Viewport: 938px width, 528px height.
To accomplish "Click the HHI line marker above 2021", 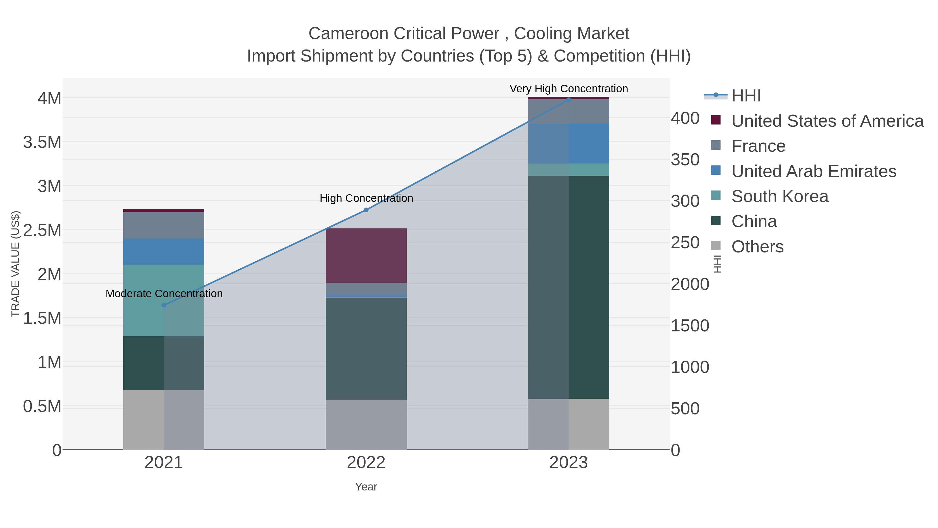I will coord(164,305).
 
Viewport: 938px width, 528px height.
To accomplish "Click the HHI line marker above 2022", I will coord(366,210).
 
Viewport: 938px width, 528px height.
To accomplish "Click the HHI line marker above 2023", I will coord(569,100).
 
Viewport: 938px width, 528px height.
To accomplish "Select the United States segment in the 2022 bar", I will coord(366,256).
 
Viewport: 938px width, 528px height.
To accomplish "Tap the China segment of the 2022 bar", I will coord(366,349).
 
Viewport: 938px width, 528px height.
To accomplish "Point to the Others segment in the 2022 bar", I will coord(366,425).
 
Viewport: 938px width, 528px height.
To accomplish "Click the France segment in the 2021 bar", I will coord(164,225).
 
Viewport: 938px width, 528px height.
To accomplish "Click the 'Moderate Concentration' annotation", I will coord(164,294).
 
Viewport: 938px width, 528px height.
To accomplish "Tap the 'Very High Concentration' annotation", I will coord(569,89).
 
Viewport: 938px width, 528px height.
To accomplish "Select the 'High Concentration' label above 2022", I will coord(366,198).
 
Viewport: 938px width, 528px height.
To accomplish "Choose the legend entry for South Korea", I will coord(780,196).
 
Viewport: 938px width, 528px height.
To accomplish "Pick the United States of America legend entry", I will coord(827,121).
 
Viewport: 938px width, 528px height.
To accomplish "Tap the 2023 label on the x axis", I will coord(569,463).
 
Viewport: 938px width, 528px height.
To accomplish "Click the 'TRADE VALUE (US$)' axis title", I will coord(15,264).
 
